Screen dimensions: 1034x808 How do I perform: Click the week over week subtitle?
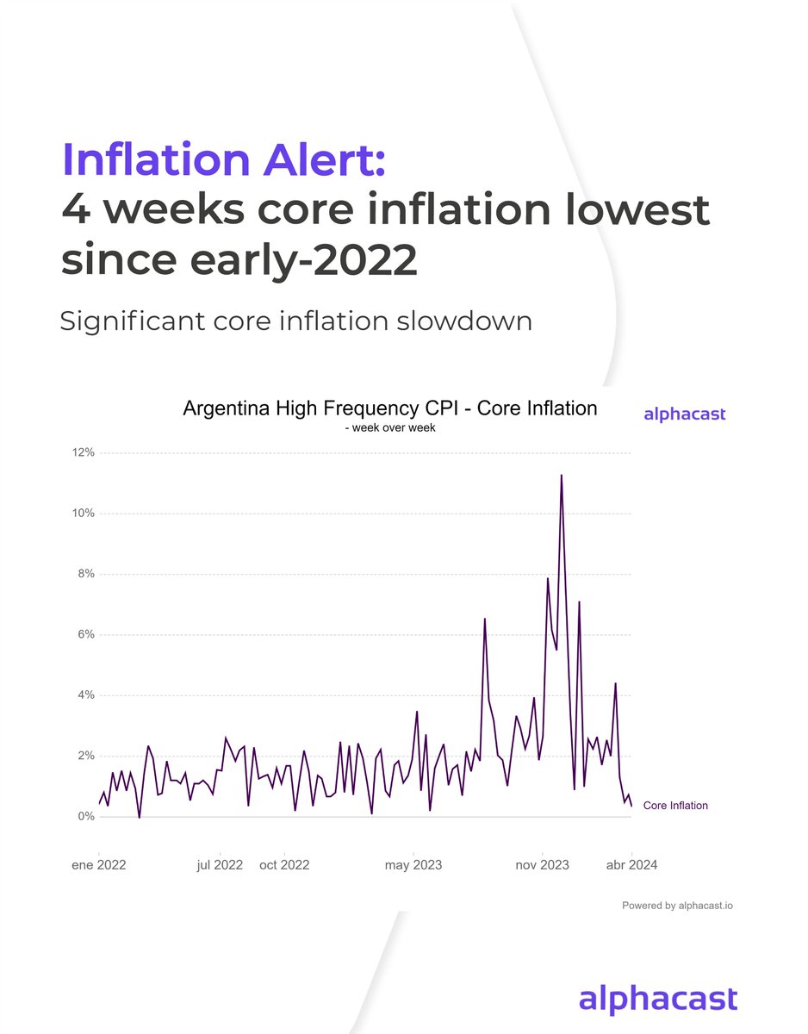(x=389, y=427)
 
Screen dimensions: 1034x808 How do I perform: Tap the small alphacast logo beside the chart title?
(x=685, y=414)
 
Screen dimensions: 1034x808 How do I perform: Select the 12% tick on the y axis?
(x=83, y=453)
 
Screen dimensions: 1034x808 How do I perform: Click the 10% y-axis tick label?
(x=83, y=514)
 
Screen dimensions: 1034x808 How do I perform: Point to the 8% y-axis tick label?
(x=85, y=574)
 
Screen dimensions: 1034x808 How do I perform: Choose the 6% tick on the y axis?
(x=85, y=635)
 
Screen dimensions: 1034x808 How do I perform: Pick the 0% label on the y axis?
(x=85, y=817)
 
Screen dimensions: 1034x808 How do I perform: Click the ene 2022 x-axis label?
(x=98, y=865)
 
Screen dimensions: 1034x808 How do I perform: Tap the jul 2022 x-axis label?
(x=220, y=865)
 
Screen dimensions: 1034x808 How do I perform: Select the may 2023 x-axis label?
(x=413, y=865)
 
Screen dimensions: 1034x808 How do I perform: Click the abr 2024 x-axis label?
(x=631, y=865)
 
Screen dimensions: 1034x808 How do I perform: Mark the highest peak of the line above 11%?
(x=562, y=476)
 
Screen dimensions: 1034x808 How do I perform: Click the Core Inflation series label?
(x=675, y=806)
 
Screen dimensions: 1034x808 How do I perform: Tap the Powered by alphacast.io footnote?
(x=678, y=906)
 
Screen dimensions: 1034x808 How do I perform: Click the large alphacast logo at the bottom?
(x=658, y=1000)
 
